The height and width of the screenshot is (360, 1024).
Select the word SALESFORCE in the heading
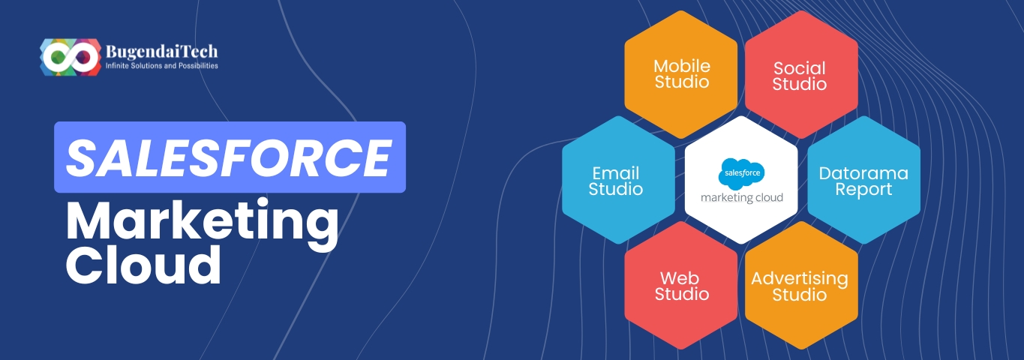229,157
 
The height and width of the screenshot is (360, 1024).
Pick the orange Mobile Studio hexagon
681,74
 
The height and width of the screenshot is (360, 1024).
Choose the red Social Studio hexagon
800,74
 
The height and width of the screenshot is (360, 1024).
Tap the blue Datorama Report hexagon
863,180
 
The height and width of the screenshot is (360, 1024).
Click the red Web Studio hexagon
681,286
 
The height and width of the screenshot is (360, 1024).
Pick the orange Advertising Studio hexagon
800,286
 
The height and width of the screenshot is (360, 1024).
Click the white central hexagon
741,180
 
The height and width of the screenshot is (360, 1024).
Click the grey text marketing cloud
741,198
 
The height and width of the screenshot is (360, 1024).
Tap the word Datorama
863,173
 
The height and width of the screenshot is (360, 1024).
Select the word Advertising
800,278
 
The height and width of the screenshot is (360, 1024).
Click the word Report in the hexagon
863,190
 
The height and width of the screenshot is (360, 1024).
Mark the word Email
615,173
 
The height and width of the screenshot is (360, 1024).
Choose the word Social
800,67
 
